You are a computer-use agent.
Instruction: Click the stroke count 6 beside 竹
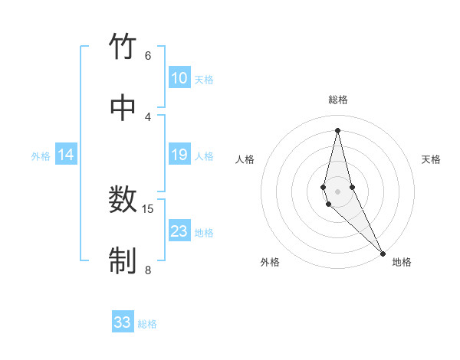148,55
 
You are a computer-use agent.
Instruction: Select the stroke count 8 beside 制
148,270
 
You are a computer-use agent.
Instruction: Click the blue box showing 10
179,78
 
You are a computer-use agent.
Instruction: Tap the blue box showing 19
179,155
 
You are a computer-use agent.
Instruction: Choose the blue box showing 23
179,231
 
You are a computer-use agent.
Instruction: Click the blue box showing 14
66,155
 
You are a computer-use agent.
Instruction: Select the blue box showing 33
123,322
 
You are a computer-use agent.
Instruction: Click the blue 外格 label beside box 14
41,156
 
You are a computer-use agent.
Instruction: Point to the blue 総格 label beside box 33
147,324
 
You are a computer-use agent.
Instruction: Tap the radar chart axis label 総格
338,100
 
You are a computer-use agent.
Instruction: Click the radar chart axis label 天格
431,159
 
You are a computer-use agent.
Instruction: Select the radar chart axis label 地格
402,262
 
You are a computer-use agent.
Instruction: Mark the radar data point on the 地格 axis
383,252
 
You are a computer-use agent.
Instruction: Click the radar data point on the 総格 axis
337,129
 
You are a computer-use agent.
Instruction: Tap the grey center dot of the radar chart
337,191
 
